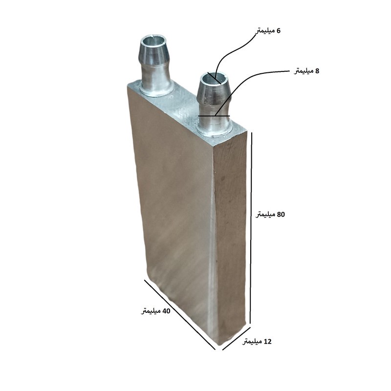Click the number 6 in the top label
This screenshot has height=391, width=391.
point(278,31)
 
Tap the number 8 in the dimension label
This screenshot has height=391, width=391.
point(317,71)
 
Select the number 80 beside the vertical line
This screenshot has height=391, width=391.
point(281,214)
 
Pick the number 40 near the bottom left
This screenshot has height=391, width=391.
point(166,311)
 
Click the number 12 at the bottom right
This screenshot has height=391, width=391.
point(267,341)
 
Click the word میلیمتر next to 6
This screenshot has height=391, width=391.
point(264,31)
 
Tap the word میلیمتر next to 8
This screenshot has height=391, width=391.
point(304,71)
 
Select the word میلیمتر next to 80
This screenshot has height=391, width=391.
point(265,215)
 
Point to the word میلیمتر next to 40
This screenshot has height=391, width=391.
point(151,311)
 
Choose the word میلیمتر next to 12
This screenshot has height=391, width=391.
point(252,342)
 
